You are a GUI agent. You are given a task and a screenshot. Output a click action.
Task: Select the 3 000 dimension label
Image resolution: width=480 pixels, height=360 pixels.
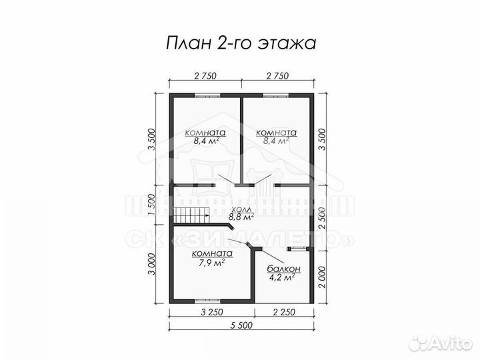(x=152, y=265)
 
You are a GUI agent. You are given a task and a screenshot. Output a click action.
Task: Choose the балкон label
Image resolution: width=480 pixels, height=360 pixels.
(x=284, y=269)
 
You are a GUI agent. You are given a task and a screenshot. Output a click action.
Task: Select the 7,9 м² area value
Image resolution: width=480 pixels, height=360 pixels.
(x=211, y=262)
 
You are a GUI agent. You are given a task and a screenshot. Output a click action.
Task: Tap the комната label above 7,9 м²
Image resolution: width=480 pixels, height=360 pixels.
(x=211, y=253)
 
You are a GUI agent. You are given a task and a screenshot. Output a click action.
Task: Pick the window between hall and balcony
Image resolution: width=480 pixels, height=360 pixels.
(x=298, y=249)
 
